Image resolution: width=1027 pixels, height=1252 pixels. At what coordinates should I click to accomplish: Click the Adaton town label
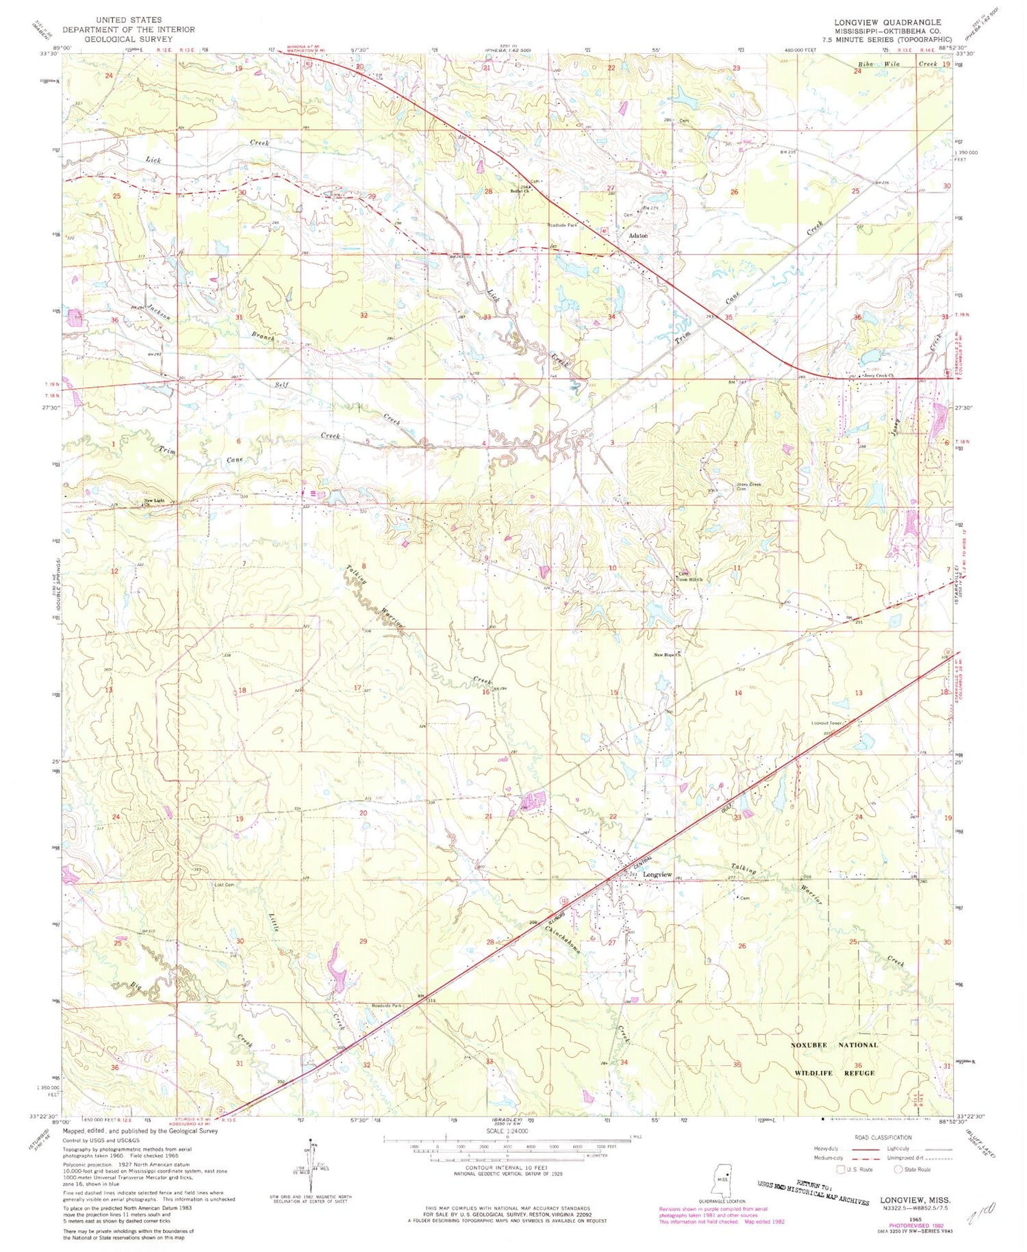638,235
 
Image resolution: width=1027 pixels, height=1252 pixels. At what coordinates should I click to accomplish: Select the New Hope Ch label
669,655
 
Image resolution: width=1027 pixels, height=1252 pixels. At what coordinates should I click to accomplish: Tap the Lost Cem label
225,885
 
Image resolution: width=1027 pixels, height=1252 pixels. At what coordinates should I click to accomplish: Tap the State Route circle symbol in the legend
898,1169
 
